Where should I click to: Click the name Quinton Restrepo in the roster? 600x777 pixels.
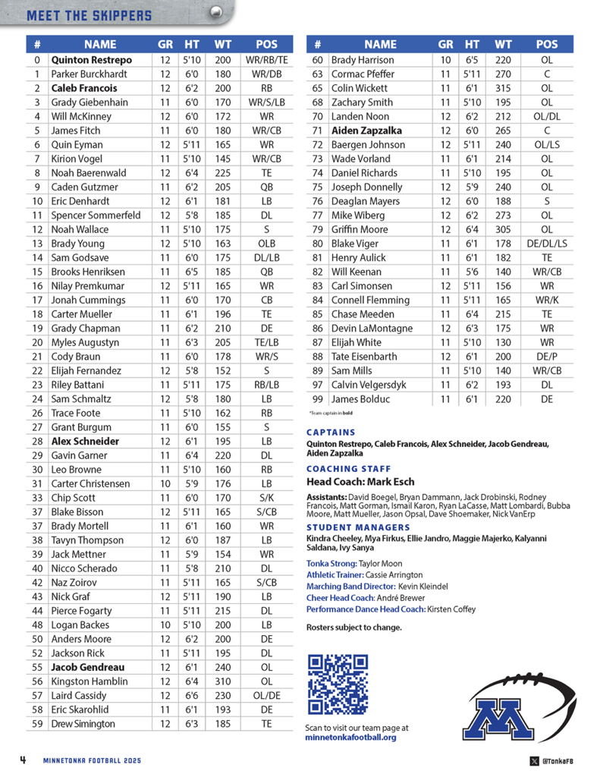91,60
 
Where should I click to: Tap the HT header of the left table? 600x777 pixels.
192,45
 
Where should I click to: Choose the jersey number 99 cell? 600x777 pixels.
317,399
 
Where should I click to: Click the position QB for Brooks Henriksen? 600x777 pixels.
267,272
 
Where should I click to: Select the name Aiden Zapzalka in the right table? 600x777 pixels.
366,131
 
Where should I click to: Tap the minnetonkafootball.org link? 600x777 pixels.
350,737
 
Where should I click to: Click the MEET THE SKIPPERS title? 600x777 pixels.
89,15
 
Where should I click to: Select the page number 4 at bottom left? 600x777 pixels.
24,760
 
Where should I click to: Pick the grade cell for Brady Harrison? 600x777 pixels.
446,60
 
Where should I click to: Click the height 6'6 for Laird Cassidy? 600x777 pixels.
192,696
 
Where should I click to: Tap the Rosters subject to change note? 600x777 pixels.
353,628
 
